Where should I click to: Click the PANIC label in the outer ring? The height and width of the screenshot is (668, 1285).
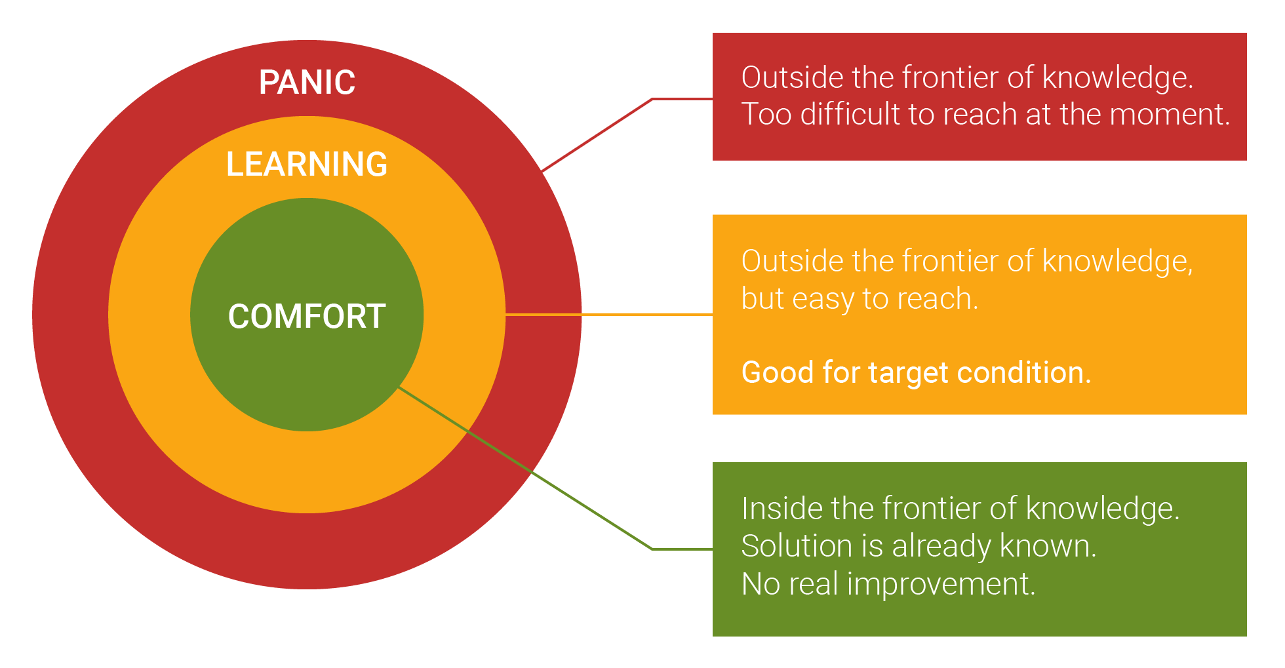(x=307, y=83)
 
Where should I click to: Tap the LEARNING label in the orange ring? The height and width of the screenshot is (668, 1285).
(x=307, y=164)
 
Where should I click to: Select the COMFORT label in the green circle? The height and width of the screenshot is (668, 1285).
(x=307, y=317)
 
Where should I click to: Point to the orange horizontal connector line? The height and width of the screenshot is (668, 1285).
(x=610, y=315)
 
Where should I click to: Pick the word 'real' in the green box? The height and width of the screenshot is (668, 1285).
(x=813, y=584)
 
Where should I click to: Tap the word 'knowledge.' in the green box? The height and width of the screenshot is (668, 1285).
(x=1102, y=509)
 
